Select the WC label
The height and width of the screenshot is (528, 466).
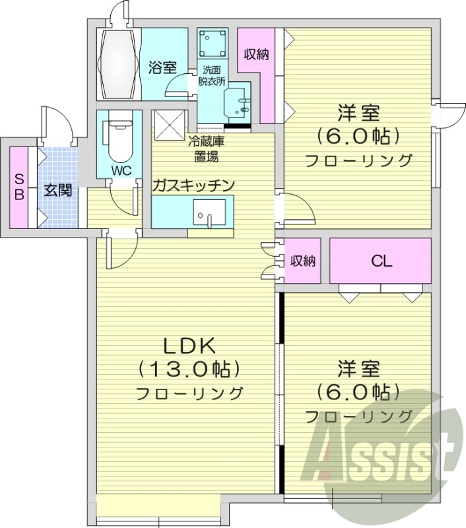click(120, 170)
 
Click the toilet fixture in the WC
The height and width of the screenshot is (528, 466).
click(119, 139)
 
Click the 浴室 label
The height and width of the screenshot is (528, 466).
click(162, 67)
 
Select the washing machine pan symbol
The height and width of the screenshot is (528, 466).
click(213, 44)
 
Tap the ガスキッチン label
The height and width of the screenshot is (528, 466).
click(193, 185)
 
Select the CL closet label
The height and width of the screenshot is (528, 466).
click(381, 261)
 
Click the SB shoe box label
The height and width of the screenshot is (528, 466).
click(19, 186)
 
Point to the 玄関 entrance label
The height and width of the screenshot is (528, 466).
click(58, 191)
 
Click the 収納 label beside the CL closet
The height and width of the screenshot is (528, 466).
click(302, 261)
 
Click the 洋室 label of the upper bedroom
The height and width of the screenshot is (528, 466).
click(358, 114)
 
